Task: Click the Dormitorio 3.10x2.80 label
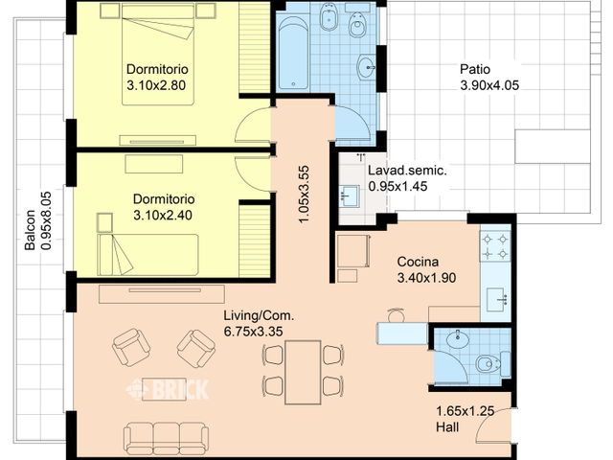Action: click(157, 78)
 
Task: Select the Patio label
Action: click(475, 69)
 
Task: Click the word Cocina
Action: click(418, 262)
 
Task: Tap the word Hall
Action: click(448, 426)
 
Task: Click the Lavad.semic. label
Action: click(407, 172)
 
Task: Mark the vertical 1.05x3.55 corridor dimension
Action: click(304, 195)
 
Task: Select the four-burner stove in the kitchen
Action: click(495, 245)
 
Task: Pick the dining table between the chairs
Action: click(303, 369)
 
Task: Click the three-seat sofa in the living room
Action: click(167, 437)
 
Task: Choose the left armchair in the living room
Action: click(131, 347)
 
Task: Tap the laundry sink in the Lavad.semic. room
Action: click(349, 196)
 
